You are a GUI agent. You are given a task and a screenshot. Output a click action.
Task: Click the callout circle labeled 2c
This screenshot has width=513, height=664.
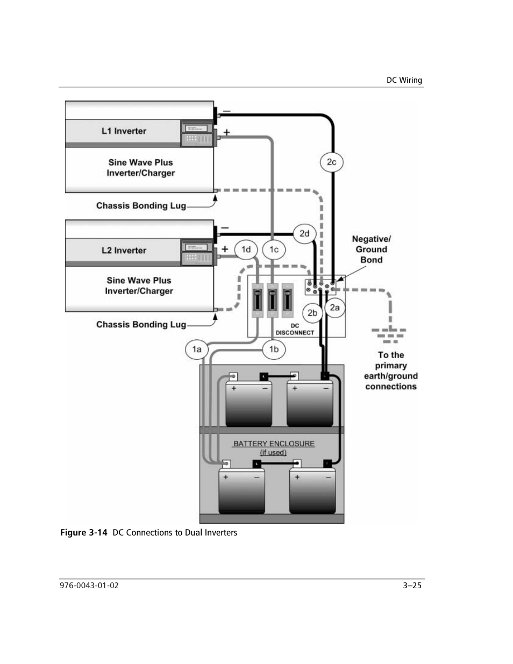[332, 162]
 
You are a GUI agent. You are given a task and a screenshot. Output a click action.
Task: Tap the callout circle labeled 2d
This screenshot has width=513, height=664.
[304, 233]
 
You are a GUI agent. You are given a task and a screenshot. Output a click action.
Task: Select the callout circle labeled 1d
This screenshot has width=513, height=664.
[246, 249]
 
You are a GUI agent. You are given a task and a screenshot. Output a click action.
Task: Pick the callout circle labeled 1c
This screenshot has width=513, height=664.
[274, 249]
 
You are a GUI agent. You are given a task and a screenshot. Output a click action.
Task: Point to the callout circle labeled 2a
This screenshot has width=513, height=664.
[334, 308]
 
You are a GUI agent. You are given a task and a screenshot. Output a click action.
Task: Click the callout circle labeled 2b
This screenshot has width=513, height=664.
[312, 312]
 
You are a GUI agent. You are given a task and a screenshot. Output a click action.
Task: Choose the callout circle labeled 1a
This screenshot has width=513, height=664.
[197, 349]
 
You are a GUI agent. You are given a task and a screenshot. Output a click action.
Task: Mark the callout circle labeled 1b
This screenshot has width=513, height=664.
[274, 349]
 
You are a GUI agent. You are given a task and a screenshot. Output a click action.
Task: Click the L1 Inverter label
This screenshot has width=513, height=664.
[124, 131]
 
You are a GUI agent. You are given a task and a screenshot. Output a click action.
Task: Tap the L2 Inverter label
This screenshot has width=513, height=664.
[124, 251]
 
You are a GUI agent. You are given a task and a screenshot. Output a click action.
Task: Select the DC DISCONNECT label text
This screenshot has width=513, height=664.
[295, 330]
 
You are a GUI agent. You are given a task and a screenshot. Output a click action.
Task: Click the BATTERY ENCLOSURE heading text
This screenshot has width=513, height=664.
[274, 444]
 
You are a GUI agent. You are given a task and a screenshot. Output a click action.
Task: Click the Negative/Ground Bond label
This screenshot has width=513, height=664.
[371, 249]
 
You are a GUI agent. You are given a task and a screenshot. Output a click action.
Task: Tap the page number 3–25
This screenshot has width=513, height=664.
[412, 586]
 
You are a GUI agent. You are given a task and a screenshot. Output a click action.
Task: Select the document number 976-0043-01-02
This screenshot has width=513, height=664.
[89, 586]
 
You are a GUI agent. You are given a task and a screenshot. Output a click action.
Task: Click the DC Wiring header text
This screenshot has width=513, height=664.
[404, 80]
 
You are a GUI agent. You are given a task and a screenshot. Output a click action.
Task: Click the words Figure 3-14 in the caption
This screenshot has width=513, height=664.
[84, 533]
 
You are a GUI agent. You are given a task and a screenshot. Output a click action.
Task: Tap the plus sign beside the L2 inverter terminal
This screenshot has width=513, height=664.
[225, 249]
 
